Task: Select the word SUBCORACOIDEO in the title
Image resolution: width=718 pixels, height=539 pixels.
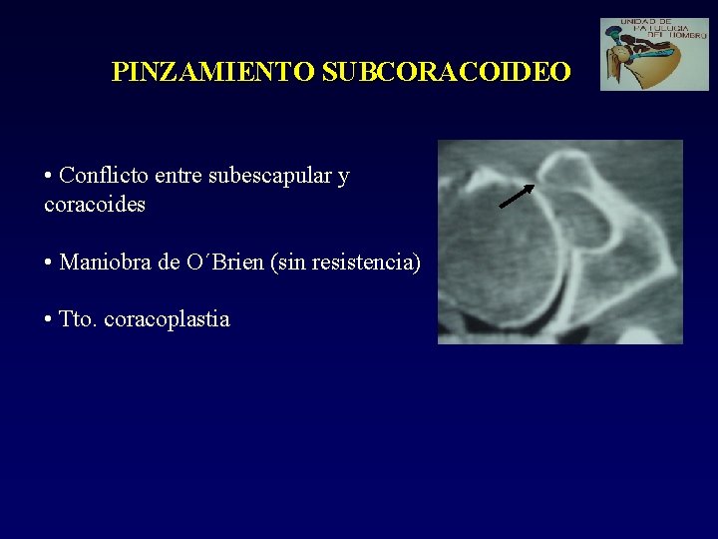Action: [x=447, y=72]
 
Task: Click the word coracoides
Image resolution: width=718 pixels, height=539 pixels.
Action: [x=95, y=205]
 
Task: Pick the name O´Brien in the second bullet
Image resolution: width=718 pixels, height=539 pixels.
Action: [x=224, y=263]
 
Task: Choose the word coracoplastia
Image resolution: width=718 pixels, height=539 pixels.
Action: [x=167, y=320]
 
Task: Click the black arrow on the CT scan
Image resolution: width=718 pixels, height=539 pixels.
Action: [x=517, y=197]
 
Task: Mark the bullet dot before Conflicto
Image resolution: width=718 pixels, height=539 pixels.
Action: [x=49, y=178]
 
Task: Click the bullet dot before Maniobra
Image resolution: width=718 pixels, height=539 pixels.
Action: [x=49, y=265]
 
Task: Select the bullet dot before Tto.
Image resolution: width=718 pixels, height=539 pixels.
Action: [x=49, y=321]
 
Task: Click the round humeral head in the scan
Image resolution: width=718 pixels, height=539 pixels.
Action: [x=499, y=265]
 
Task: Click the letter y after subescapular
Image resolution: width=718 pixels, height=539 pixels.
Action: [x=343, y=178]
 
